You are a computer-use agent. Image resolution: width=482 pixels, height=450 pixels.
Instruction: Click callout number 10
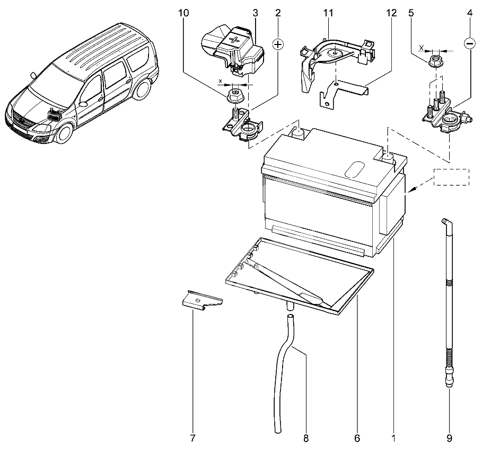pyautogui.click(x=183, y=13)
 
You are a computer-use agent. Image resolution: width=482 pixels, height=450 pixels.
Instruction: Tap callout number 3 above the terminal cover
pyautogui.click(x=255, y=13)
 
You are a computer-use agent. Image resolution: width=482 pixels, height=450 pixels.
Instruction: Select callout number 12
pyautogui.click(x=391, y=13)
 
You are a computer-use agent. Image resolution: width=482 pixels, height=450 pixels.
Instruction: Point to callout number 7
pyautogui.click(x=192, y=438)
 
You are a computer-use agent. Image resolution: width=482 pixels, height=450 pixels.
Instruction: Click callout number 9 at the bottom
pyautogui.click(x=449, y=438)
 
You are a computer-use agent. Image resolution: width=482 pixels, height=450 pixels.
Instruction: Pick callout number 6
pyautogui.click(x=357, y=438)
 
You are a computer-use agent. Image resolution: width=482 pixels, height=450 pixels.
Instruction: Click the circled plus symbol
pyautogui.click(x=278, y=44)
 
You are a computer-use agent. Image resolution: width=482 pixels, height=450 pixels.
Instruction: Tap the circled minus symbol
pyautogui.click(x=469, y=44)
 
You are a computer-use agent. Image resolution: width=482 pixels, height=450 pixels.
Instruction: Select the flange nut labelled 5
pyautogui.click(x=436, y=60)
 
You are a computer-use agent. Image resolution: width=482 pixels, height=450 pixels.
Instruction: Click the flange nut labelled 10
pyautogui.click(x=235, y=95)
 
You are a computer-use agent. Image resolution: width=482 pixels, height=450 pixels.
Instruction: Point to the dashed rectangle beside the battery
pyautogui.click(x=451, y=177)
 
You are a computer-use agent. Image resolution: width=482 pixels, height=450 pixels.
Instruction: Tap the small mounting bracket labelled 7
pyautogui.click(x=202, y=299)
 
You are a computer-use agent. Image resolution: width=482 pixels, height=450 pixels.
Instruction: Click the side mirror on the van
pyautogui.click(x=33, y=75)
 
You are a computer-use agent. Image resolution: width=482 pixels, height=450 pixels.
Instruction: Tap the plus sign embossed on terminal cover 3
pyautogui.click(x=235, y=40)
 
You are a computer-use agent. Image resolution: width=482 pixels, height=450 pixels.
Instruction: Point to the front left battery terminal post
pyautogui.click(x=297, y=132)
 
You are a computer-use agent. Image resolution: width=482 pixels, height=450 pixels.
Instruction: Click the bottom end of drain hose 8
pyautogui.click(x=277, y=430)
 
